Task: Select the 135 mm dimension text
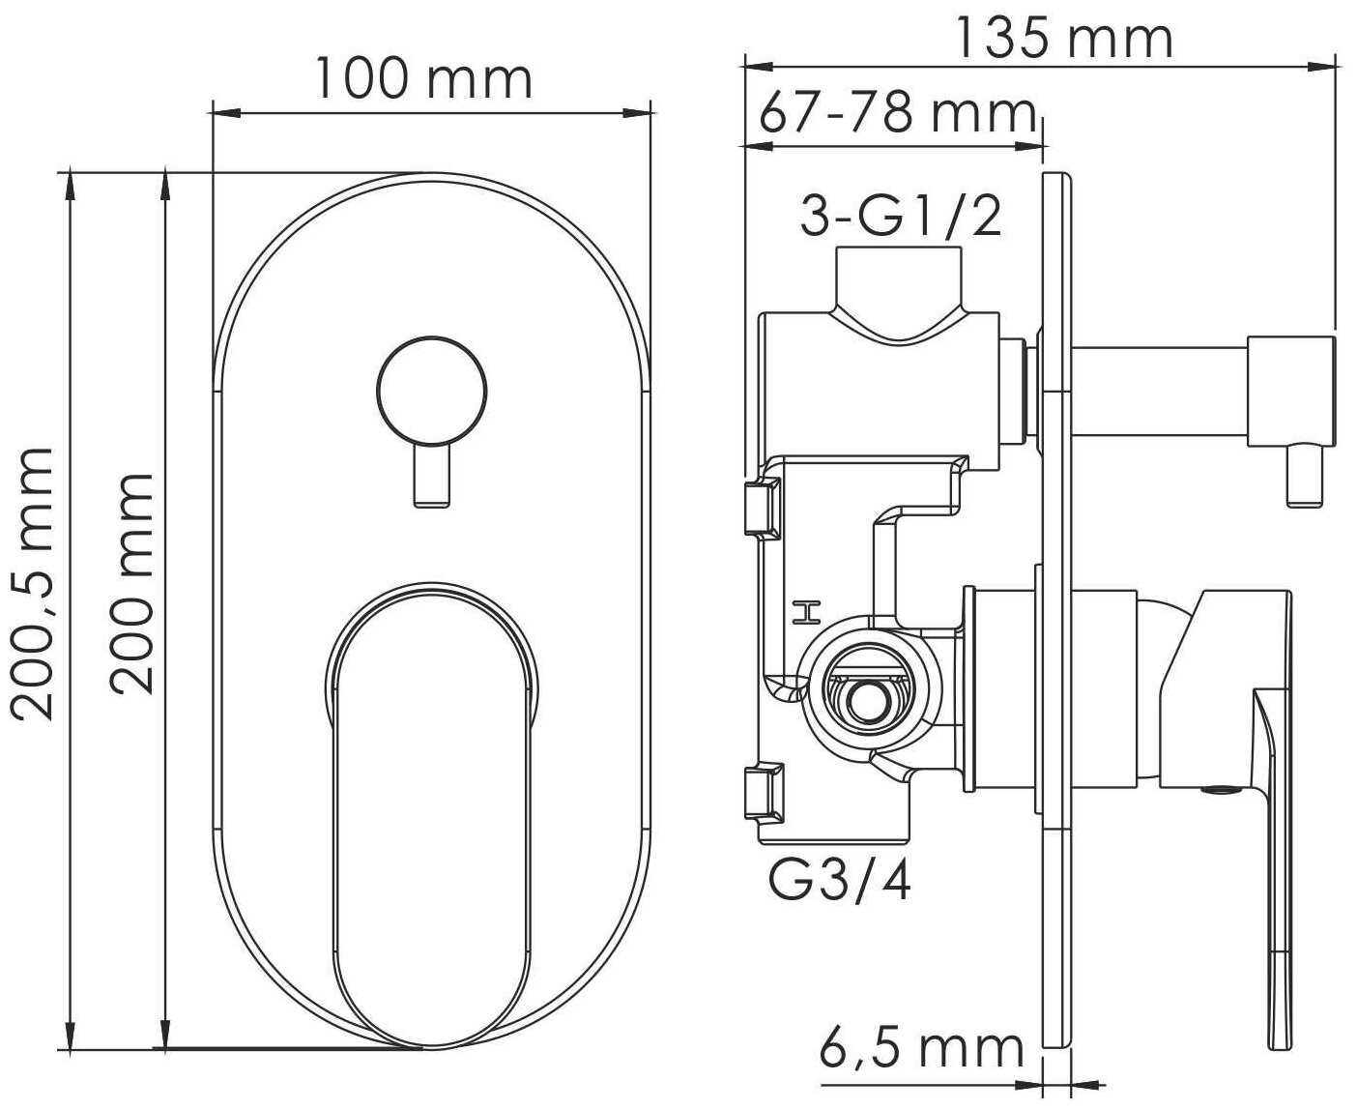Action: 1065,40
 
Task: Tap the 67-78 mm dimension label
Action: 898,115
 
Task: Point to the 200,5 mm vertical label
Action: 32,584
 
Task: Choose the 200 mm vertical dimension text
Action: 132,583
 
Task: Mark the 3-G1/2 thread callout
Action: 901,217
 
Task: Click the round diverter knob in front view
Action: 431,391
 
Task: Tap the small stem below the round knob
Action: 432,477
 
